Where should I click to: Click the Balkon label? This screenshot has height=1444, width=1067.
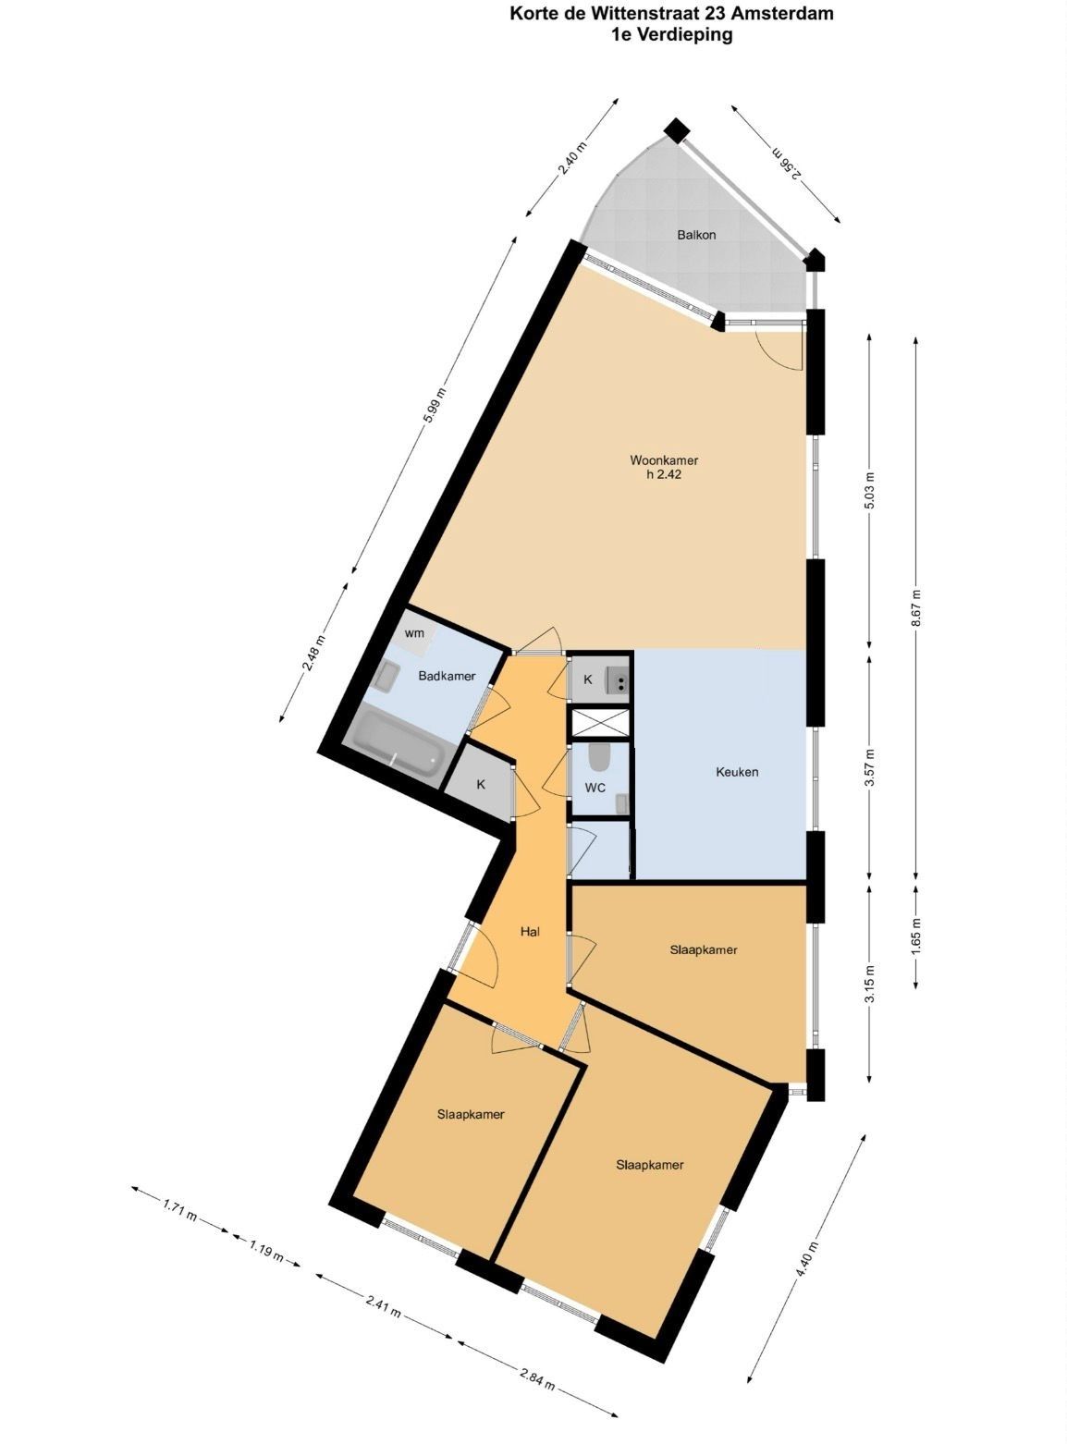click(696, 235)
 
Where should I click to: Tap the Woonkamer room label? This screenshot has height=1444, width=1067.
click(664, 460)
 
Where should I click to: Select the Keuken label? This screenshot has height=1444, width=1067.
click(737, 772)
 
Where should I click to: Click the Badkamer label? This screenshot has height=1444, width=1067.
click(447, 676)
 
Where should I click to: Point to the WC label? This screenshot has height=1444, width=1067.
click(595, 788)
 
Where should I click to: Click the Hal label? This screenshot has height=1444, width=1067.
click(530, 932)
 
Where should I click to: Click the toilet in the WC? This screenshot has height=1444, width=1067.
click(598, 757)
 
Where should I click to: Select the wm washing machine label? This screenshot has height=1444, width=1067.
click(414, 633)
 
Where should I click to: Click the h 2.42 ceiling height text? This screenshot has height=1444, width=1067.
click(664, 474)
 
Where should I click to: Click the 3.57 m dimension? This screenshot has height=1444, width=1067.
click(869, 767)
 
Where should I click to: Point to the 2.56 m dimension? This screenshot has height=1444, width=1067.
click(787, 164)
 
